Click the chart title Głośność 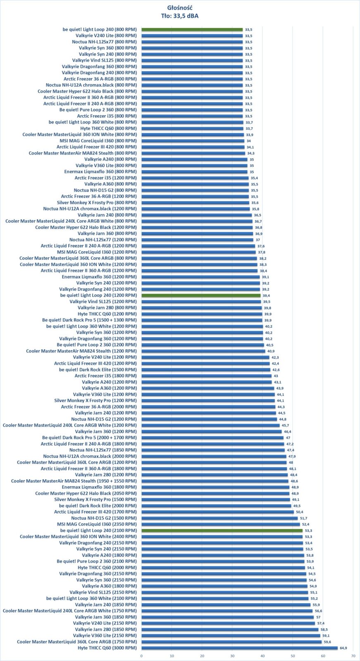(x=180, y=8)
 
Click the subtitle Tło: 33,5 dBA (x=180, y=16)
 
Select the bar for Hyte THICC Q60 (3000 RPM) (x=239, y=648)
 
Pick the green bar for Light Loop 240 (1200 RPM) (x=201, y=295)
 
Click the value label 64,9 (x=343, y=648)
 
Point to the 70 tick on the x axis (x=353, y=656)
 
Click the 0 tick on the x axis (x=141, y=656)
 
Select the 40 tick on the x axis (x=262, y=656)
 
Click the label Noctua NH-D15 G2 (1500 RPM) (x=104, y=518)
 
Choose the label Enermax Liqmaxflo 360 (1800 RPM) (x=99, y=487)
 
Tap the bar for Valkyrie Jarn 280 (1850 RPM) (x=230, y=629)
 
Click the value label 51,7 (x=303, y=518)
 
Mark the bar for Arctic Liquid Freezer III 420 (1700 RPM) (x=217, y=512)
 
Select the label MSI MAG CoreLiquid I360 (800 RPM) (x=98, y=141)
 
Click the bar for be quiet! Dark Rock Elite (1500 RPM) (x=206, y=370)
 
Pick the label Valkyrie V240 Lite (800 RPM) (x=106, y=36)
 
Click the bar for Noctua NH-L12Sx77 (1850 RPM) (x=213, y=450)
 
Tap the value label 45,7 (x=285, y=426)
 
